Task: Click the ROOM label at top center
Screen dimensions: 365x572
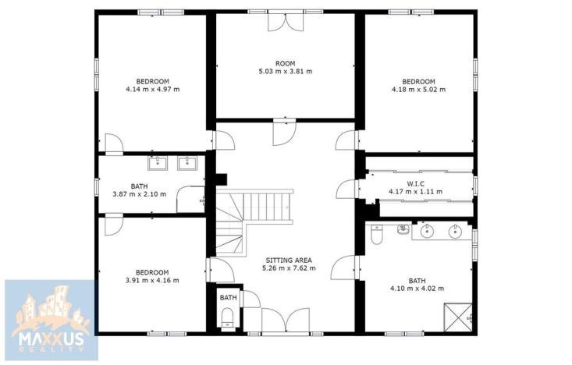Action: (x=285, y=63)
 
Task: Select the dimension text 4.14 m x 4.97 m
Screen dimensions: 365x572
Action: (x=152, y=89)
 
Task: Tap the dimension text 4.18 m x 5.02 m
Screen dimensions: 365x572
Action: (x=418, y=90)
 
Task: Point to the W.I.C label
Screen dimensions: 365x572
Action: (x=415, y=184)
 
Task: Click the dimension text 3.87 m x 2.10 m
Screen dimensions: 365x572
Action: (x=139, y=194)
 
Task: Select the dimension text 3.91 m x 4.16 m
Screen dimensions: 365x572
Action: (x=152, y=280)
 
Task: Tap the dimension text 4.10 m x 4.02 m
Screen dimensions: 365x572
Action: (x=417, y=289)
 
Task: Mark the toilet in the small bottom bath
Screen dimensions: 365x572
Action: (x=227, y=316)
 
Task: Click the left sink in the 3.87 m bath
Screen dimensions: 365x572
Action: (x=158, y=163)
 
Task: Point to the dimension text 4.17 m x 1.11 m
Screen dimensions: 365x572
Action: (x=415, y=192)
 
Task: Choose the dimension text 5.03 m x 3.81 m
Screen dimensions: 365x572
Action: (x=285, y=71)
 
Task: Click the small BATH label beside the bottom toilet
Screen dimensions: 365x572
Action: (x=228, y=298)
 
